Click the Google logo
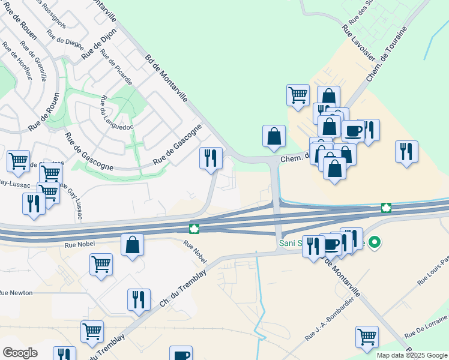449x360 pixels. (20, 353)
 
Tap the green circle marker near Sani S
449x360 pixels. (375, 243)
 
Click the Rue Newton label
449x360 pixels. (16, 293)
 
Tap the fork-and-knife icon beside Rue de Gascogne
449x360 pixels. (211, 158)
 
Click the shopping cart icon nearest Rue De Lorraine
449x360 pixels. (367, 337)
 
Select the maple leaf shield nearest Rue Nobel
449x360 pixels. (194, 229)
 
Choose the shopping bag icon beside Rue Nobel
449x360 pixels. (132, 245)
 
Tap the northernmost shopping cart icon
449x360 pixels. (298, 95)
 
